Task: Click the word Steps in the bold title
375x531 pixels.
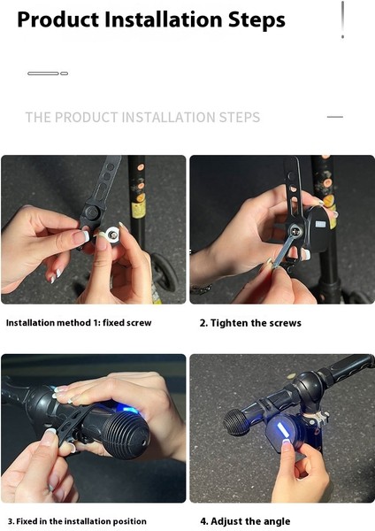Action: (x=256, y=20)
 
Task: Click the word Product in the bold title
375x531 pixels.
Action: (x=57, y=19)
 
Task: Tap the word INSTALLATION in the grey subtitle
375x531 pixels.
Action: (x=168, y=117)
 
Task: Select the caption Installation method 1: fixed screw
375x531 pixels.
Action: (x=79, y=323)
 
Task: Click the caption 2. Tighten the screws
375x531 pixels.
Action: (x=250, y=323)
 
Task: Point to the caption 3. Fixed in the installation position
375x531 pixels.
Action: (x=77, y=521)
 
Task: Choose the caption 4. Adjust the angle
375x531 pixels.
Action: (x=245, y=521)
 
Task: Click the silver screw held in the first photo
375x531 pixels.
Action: (x=112, y=234)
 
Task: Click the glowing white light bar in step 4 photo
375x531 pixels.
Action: (x=281, y=430)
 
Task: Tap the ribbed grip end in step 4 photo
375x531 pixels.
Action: (x=235, y=421)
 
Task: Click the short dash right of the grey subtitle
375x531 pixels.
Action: (x=335, y=117)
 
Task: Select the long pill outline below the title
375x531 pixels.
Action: (x=43, y=73)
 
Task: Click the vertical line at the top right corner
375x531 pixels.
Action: (x=343, y=19)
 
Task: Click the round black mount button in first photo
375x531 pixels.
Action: (x=92, y=213)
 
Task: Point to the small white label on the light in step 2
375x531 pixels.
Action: (x=320, y=224)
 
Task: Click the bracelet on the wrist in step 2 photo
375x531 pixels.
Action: (x=201, y=289)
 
